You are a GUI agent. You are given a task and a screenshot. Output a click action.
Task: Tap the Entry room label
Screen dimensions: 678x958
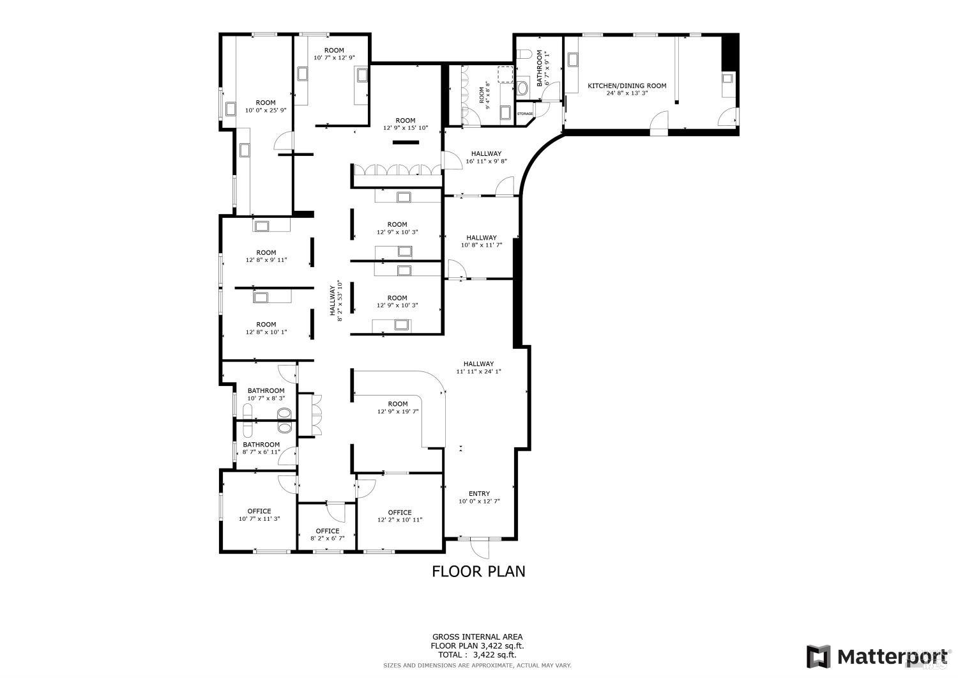click(x=479, y=497)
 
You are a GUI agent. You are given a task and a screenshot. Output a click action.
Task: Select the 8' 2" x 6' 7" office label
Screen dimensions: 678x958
click(x=328, y=535)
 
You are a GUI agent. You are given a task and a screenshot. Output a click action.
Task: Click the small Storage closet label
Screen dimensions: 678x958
click(x=525, y=114)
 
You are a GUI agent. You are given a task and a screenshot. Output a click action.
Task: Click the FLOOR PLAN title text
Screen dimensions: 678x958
click(x=478, y=571)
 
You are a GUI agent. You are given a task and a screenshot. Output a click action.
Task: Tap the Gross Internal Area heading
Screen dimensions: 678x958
click(x=477, y=636)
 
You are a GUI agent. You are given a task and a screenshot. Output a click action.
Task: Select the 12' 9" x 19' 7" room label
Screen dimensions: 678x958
click(x=397, y=408)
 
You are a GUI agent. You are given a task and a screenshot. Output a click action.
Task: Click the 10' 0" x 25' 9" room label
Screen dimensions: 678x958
click(x=266, y=106)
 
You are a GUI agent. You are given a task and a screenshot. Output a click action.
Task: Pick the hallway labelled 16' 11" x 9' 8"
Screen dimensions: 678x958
click(x=486, y=157)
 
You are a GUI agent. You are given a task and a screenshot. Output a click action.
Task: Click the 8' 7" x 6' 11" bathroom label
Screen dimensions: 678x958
click(x=261, y=448)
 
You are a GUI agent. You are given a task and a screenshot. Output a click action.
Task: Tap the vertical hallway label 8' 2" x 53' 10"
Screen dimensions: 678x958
click(x=337, y=300)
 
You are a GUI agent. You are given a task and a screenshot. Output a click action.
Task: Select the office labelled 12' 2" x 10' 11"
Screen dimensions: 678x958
click(x=400, y=516)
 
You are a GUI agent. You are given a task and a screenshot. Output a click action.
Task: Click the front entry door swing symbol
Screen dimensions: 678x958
click(x=479, y=548)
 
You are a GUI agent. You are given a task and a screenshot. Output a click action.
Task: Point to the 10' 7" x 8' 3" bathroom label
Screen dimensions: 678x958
click(x=266, y=394)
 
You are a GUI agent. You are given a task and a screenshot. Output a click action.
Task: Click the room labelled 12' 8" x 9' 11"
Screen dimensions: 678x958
click(x=266, y=256)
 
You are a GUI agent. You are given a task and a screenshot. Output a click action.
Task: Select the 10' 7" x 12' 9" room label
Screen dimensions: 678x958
click(x=334, y=54)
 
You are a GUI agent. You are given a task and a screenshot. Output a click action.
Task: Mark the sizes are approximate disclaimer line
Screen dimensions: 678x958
click(x=477, y=666)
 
